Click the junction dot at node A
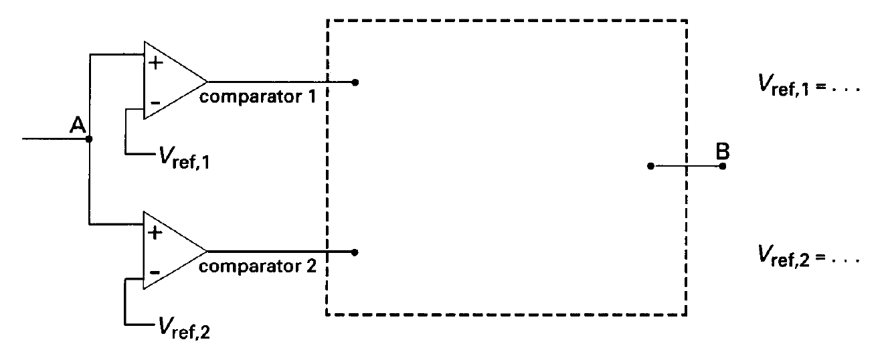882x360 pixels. (x=89, y=139)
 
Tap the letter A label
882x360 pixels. (x=78, y=125)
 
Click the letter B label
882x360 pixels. (x=723, y=151)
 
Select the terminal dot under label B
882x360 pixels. (x=723, y=166)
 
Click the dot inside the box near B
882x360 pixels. (x=650, y=166)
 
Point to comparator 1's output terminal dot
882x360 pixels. (x=355, y=82)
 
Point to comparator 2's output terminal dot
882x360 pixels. (x=355, y=252)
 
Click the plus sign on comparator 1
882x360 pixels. (x=155, y=63)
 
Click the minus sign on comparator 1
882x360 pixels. (x=155, y=103)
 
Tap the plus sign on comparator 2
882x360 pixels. (x=155, y=233)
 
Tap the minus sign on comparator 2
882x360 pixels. (x=155, y=272)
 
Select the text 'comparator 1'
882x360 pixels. (x=258, y=97)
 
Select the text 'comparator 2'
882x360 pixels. (x=258, y=266)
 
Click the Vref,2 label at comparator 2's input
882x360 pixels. (x=184, y=328)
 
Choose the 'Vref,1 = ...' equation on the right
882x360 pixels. (x=809, y=85)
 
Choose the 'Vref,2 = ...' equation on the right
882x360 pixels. (x=809, y=256)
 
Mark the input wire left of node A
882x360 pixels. (x=55, y=139)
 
